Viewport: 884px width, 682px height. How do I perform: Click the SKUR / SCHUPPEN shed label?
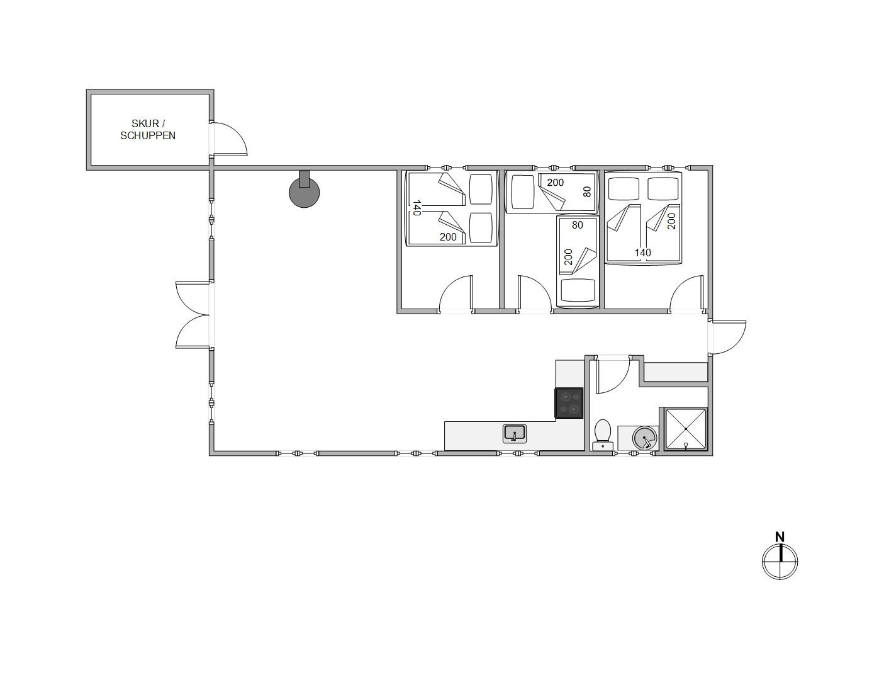[148, 130]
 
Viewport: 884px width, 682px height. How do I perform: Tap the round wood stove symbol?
[304, 192]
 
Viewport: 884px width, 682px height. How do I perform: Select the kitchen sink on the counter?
[515, 434]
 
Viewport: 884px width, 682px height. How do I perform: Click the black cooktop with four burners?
[569, 403]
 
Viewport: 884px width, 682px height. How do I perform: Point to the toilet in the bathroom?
[603, 435]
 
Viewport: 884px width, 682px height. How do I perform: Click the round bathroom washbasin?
[645, 438]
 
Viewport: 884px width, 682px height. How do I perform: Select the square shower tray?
[685, 429]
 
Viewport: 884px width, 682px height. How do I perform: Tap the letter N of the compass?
[780, 537]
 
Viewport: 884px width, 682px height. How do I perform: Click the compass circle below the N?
[780, 562]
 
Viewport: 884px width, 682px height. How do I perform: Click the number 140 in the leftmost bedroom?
[416, 208]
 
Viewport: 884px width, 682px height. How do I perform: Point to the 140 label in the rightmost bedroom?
[643, 253]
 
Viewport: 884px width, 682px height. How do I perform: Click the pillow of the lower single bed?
[578, 290]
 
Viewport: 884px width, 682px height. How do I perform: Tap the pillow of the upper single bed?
[523, 192]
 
